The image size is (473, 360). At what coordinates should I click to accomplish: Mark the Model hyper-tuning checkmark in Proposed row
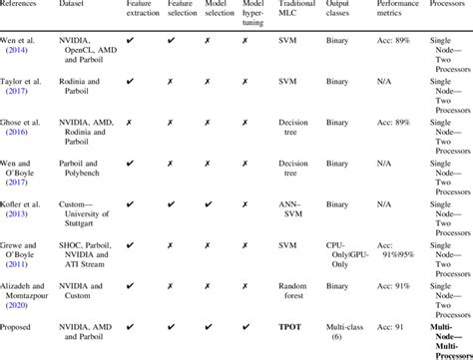245,326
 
